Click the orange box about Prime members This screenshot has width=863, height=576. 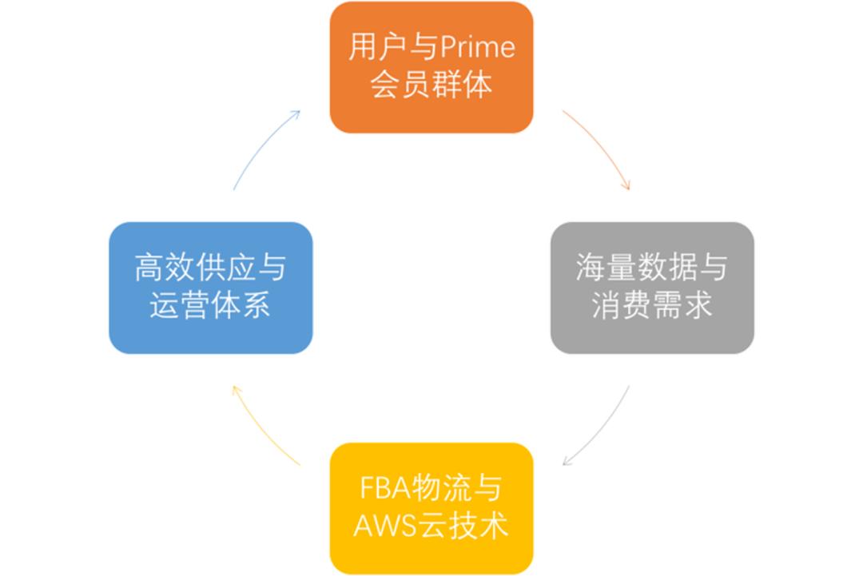coord(431,67)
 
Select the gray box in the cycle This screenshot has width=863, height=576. coord(652,288)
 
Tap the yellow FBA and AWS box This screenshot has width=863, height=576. coord(431,508)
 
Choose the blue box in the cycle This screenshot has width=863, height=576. coord(210,288)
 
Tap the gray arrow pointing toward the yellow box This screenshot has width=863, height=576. coord(599,427)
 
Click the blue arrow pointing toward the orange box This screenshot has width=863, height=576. coord(264,147)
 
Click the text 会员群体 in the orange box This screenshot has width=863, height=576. coord(431,85)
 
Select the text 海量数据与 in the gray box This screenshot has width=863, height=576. coord(652,268)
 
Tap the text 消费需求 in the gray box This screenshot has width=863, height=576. coord(652,306)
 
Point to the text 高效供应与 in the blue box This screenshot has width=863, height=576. coord(210,268)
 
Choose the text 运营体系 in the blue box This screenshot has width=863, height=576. coord(210,306)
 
